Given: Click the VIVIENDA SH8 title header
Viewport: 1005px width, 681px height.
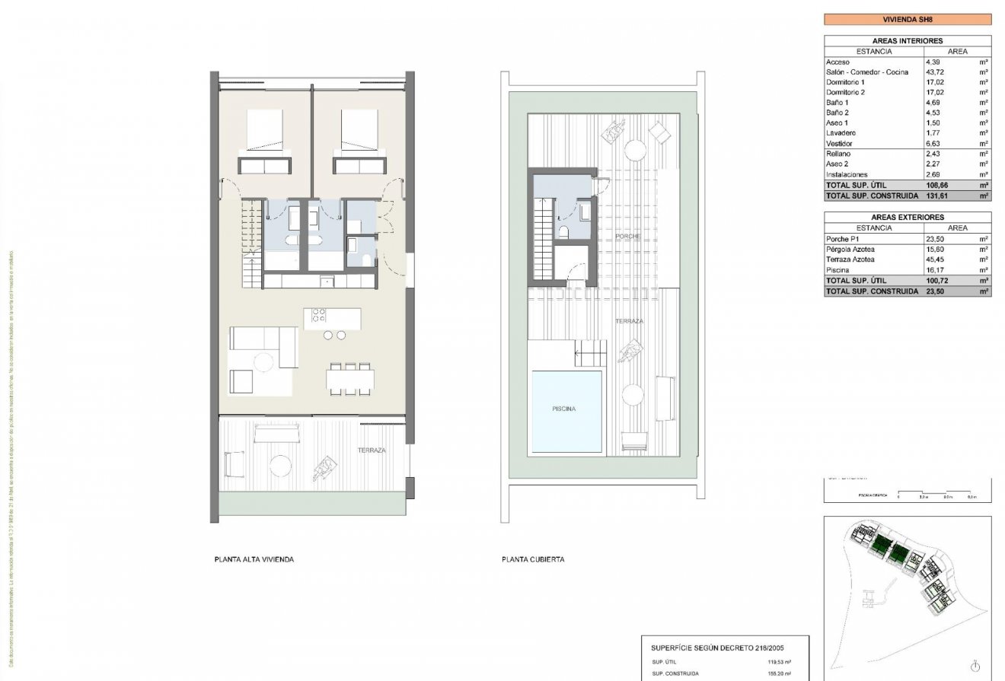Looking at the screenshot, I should [908, 20].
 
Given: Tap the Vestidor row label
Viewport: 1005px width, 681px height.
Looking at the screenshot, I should [839, 143].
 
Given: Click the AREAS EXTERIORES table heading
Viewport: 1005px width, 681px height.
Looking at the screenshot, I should [908, 217].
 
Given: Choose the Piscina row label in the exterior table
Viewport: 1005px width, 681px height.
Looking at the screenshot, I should [837, 269].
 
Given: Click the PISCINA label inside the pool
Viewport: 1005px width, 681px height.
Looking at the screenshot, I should [564, 409].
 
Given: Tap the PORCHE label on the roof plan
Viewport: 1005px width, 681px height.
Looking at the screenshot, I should [628, 237].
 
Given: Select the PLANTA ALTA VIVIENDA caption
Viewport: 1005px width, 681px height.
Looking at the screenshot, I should [254, 559].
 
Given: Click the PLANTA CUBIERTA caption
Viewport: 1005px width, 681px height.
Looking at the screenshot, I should [533, 559].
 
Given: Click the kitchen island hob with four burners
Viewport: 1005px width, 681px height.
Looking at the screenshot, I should [318, 314].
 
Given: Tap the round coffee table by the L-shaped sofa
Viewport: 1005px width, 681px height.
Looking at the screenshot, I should [264, 362].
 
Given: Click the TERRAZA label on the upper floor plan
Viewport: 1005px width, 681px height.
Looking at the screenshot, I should [372, 450].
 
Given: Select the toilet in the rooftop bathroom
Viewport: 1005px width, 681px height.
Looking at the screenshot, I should [563, 231].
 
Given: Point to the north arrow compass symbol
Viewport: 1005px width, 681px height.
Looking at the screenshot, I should [975, 666].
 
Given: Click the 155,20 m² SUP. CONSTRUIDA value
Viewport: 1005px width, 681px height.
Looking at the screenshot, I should [777, 673].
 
